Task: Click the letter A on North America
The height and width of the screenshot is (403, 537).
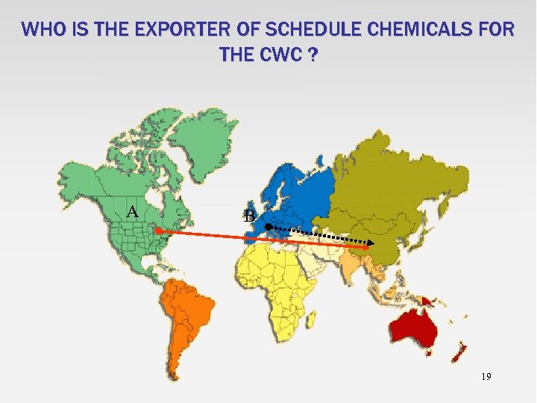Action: click(133, 211)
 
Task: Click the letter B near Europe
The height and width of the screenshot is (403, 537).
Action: click(249, 216)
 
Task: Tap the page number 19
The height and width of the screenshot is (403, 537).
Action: click(486, 377)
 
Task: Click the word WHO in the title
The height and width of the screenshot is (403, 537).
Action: click(42, 30)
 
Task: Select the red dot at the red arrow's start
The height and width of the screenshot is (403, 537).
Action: click(158, 231)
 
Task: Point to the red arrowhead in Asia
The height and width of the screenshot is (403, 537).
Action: click(367, 249)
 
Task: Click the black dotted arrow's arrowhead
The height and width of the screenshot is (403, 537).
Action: click(371, 243)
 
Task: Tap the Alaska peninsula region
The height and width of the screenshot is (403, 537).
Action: click(78, 175)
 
